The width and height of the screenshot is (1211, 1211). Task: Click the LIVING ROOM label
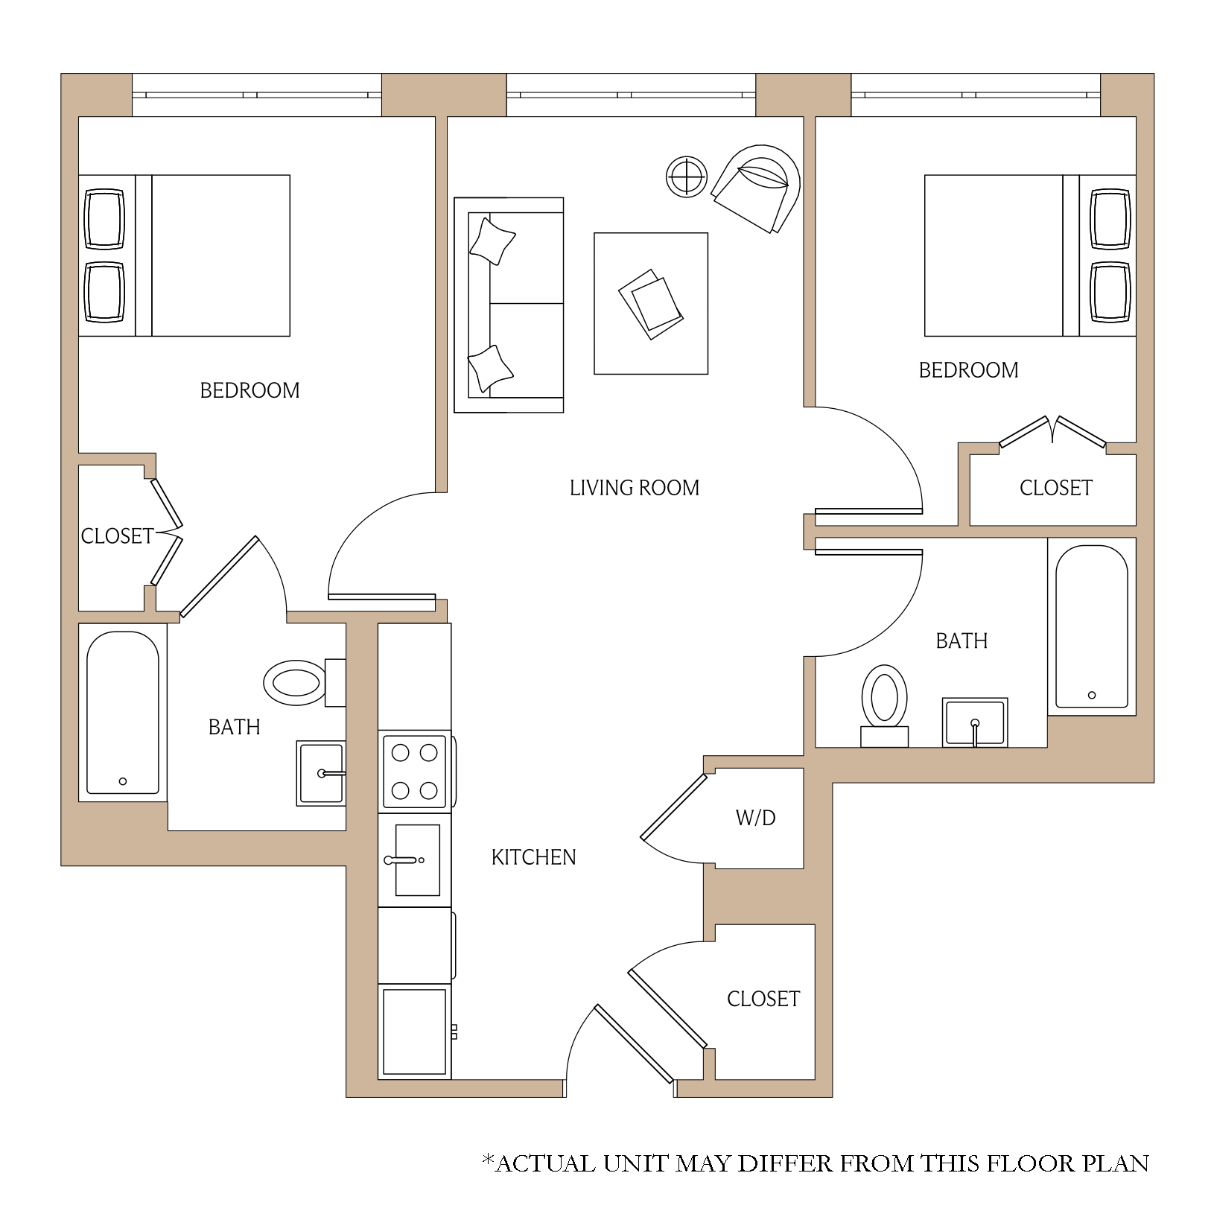635,488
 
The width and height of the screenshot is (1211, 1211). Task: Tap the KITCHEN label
533,857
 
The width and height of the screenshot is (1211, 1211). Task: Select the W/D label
755,818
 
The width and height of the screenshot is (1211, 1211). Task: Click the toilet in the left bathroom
305,682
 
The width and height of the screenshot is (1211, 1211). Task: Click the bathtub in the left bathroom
123,713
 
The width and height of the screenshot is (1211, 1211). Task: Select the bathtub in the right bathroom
1092,626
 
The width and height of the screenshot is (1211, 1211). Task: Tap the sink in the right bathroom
975,722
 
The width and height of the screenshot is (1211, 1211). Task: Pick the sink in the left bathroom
321,773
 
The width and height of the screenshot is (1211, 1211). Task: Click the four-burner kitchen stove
415,772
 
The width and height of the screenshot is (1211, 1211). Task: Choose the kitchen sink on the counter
415,859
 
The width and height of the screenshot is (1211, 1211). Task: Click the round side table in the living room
687,177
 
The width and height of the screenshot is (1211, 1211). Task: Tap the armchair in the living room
757,188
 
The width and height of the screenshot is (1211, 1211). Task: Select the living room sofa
509,305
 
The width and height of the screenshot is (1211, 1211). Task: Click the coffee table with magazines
651,303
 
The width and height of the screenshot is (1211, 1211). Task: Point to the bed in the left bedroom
184,255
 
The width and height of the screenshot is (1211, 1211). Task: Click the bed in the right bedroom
1030,255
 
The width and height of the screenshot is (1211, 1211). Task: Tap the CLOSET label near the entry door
763,999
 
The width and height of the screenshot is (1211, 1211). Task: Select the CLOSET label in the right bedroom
1056,488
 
